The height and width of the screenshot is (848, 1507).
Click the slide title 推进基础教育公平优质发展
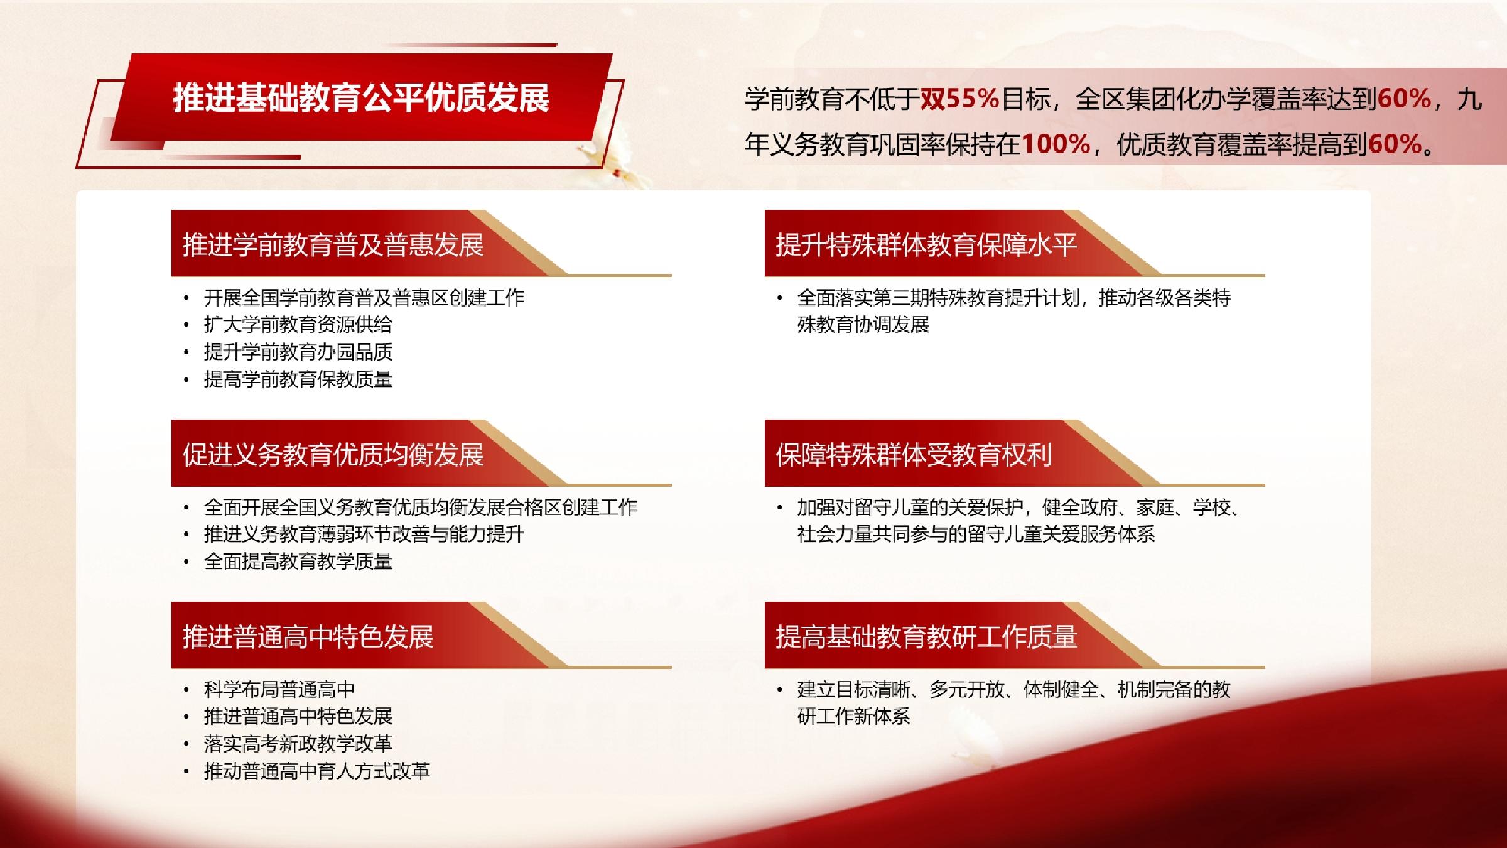click(x=361, y=98)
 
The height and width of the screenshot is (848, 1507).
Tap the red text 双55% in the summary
click(x=959, y=99)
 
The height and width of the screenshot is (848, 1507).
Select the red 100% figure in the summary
click(x=1056, y=144)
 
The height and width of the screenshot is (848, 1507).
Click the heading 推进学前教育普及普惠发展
click(x=333, y=245)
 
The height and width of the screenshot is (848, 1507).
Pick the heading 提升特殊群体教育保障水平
click(x=926, y=245)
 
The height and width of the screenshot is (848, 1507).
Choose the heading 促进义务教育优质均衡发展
click(x=333, y=455)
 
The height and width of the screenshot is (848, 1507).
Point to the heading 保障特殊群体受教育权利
click(x=914, y=455)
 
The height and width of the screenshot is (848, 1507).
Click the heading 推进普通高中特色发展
click(x=308, y=637)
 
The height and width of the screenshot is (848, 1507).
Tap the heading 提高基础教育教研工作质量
click(x=926, y=637)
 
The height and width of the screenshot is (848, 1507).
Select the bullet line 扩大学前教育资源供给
click(x=298, y=325)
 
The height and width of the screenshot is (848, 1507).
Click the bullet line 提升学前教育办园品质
click(x=298, y=352)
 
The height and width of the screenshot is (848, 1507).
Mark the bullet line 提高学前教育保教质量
click(x=298, y=379)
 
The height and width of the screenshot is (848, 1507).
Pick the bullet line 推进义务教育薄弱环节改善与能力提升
click(x=364, y=535)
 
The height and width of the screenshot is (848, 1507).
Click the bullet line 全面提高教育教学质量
click(x=298, y=562)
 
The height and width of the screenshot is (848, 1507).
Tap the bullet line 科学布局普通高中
click(x=279, y=690)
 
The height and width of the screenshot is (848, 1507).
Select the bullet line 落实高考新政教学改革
click(x=298, y=744)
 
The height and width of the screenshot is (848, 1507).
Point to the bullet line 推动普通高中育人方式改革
click(x=316, y=771)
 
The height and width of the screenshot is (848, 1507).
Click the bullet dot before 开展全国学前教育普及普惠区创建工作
click(x=186, y=298)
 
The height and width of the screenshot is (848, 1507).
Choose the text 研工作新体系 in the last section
click(x=853, y=717)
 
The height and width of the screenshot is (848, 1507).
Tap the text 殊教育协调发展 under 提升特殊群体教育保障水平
click(x=863, y=325)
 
